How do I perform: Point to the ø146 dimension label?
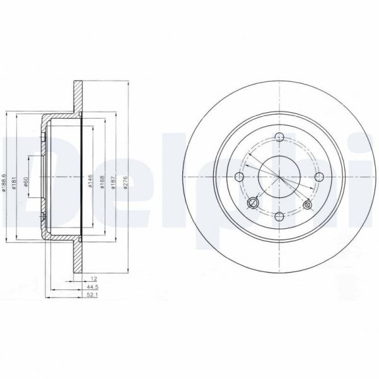point(91,182)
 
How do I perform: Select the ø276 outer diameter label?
point(128,182)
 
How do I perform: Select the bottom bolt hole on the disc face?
point(278,216)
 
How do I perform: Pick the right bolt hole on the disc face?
point(317,178)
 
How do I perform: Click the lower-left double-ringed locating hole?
point(253,202)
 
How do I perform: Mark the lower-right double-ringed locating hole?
point(308,204)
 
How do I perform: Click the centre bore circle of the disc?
point(278,178)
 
